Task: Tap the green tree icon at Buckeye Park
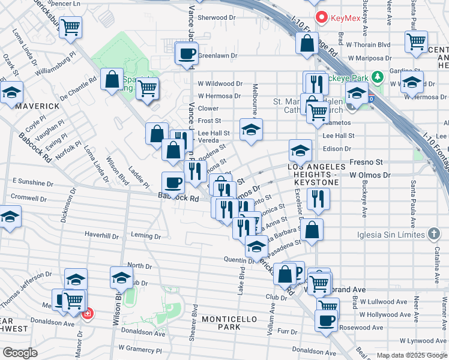377,77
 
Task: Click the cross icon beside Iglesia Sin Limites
434,234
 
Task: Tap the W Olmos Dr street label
370,175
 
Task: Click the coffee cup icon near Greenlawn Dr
186,53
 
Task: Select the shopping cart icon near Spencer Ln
71,27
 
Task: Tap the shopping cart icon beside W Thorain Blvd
415,41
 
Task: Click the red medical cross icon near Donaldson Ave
88,313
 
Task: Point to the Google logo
20,353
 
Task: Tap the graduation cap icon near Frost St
251,128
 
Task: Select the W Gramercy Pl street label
141,348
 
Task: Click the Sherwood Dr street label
217,18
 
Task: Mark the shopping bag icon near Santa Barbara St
312,229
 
